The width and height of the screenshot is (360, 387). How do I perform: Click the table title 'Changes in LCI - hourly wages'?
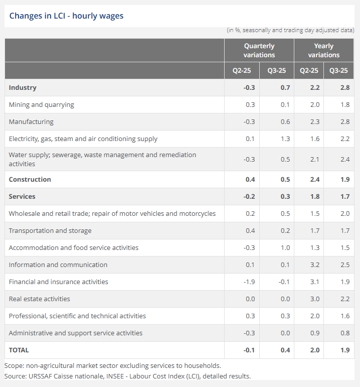tap(66, 16)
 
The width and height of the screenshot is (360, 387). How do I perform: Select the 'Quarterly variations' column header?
tap(259, 50)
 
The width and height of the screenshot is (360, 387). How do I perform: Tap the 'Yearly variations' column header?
tap(323, 50)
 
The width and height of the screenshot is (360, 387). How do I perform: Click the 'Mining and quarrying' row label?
tap(42, 104)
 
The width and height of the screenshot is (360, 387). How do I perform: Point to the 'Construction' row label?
tap(30, 179)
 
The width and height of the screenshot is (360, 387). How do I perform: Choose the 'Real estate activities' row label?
tap(40, 299)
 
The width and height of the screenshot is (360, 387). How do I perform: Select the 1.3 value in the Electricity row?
tap(285, 139)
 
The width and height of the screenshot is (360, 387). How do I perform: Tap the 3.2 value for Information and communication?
tap(314, 265)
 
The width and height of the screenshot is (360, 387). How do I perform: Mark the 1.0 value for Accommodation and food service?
tap(285, 247)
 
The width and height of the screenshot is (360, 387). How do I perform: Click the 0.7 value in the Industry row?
tap(285, 87)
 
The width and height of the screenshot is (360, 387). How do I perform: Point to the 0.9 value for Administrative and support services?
tap(314, 333)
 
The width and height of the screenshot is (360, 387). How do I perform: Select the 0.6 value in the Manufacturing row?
tap(285, 121)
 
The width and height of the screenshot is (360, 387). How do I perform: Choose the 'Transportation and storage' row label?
tap(50, 230)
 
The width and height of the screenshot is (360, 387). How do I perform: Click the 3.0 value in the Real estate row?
tap(314, 299)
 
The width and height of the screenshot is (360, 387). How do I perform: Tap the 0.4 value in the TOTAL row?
tap(285, 350)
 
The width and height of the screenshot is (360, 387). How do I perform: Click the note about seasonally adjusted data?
tap(291, 30)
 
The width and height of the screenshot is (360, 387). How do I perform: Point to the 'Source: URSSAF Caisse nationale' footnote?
tap(127, 375)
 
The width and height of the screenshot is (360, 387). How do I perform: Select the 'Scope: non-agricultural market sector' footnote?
tap(113, 365)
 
